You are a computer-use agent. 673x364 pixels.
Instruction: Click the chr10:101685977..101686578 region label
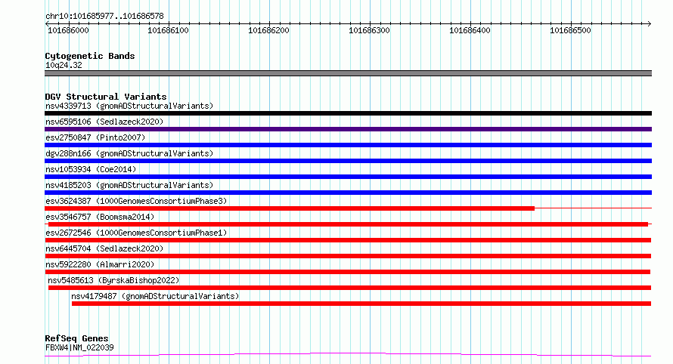coord(94,16)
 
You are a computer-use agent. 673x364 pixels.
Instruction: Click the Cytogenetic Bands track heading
coord(89,56)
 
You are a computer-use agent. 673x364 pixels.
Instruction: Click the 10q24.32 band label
coord(64,65)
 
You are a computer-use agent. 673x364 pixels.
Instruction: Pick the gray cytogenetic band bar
coord(348,73)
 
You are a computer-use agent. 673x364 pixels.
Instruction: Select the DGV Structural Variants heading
coord(105,97)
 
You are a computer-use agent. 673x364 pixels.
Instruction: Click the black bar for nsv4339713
coord(348,113)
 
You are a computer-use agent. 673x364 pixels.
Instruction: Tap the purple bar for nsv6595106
coord(348,129)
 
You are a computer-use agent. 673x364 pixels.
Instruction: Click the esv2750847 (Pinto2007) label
coord(95,137)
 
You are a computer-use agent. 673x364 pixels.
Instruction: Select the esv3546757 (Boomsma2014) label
coord(100,217)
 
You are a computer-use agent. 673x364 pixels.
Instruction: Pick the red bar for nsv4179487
coord(361,304)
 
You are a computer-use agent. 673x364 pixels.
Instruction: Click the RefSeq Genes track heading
coord(76,338)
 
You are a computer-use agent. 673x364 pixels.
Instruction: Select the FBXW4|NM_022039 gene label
coord(79,347)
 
